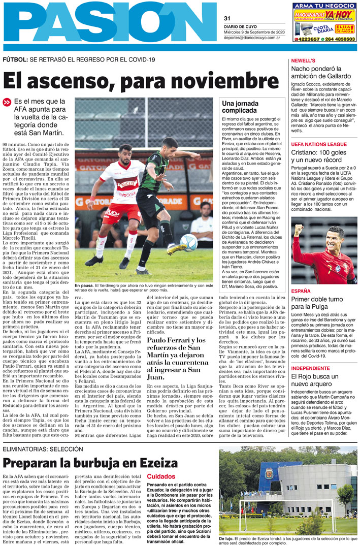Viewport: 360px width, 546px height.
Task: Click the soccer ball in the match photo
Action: coord(189,242)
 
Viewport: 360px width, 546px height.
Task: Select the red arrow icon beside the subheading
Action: coord(7,102)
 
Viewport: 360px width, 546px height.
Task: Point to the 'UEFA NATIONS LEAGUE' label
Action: coord(319,144)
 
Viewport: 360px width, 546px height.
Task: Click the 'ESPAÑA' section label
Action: coord(301,291)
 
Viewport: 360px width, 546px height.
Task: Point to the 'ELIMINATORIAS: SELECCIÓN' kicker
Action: coord(42,450)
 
